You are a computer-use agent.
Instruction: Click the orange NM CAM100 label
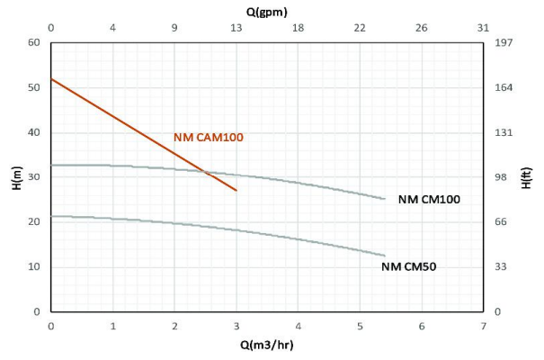[208, 138]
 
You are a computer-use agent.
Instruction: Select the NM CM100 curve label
[429, 200]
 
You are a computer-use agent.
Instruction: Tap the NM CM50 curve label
[415, 266]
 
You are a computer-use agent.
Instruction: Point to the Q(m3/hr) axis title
[268, 345]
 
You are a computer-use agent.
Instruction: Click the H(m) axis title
[17, 176]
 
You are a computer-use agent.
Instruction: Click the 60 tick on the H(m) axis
[35, 42]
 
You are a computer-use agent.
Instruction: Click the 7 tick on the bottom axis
[484, 325]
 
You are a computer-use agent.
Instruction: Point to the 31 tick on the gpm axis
[484, 30]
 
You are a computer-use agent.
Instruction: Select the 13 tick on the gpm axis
[236, 30]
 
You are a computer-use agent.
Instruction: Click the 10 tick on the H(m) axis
[35, 266]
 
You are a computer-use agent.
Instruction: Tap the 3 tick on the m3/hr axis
[236, 325]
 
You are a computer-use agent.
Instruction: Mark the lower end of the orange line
[236, 191]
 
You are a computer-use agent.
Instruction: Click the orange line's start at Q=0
[51, 79]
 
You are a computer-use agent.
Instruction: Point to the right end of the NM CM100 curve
[385, 199]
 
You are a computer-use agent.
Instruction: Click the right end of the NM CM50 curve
[385, 256]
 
